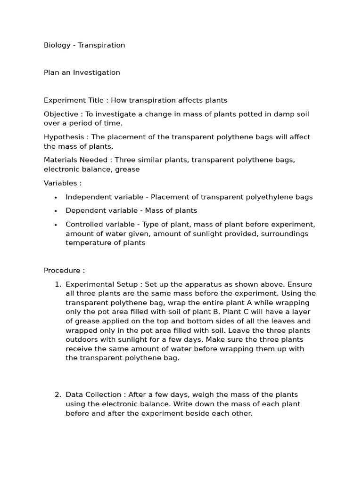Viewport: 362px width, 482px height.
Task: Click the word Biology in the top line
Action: coord(57,45)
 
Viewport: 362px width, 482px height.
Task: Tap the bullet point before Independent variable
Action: coord(56,197)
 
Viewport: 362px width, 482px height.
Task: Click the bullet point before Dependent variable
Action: coord(56,211)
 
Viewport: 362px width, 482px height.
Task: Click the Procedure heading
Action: coord(64,271)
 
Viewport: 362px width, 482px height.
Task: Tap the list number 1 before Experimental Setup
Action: coord(58,284)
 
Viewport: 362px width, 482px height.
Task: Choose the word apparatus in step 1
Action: coord(201,284)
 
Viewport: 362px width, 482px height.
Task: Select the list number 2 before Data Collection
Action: coord(58,394)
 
